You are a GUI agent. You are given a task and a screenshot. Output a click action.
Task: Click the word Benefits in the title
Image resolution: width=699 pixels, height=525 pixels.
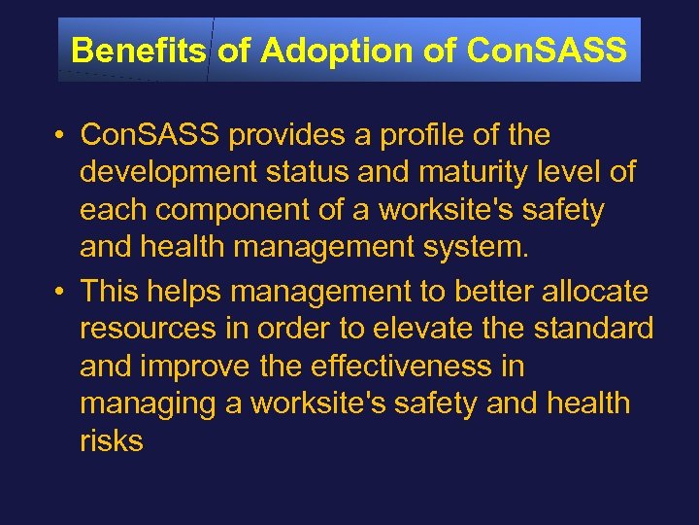[x=139, y=50]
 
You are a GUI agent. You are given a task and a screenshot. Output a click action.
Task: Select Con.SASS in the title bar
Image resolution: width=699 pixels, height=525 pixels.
[x=547, y=50]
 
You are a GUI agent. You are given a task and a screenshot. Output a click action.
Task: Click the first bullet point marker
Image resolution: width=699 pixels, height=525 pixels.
[x=60, y=135]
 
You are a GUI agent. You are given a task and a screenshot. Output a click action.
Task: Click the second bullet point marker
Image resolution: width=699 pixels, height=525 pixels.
[x=60, y=291]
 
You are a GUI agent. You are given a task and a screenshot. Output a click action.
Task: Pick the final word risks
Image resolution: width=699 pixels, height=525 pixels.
[x=112, y=440]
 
